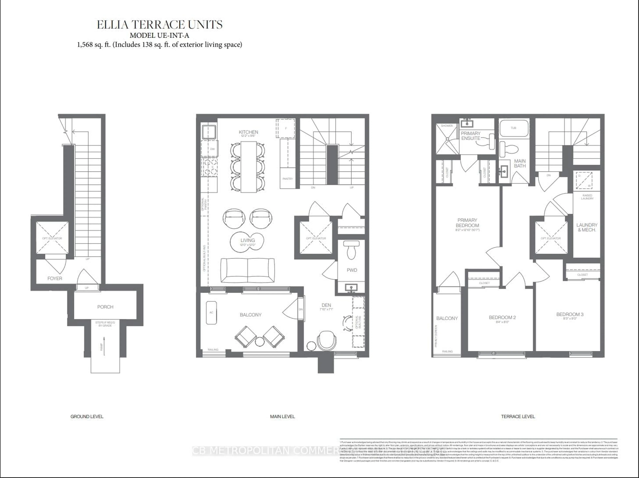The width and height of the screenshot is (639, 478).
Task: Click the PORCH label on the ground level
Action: click(x=105, y=307)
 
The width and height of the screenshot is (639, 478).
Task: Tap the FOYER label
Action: click(x=55, y=278)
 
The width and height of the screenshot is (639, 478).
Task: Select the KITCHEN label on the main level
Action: click(x=248, y=132)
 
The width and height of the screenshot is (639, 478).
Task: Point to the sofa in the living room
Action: click(x=248, y=270)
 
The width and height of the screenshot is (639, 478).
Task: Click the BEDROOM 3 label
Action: click(x=570, y=314)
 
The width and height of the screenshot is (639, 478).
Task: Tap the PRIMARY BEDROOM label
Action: click(x=467, y=223)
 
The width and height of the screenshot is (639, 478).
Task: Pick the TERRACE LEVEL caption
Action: click(x=518, y=416)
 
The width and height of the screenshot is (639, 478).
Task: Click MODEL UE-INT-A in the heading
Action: click(x=159, y=35)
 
